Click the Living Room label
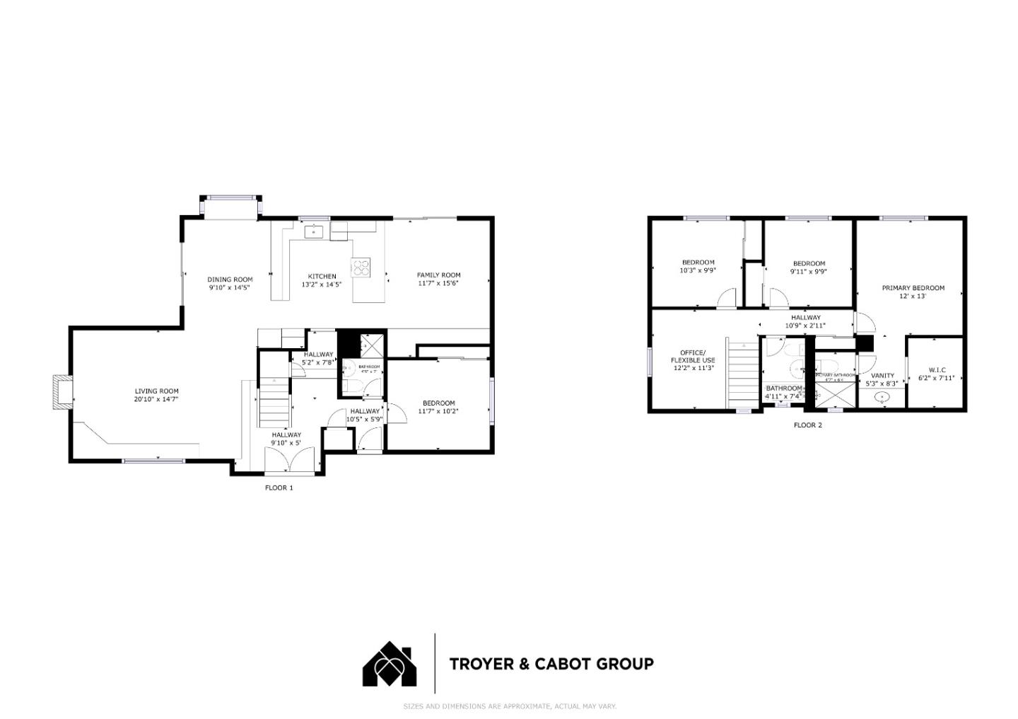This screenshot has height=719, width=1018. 157,391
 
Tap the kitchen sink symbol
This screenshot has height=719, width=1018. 314,231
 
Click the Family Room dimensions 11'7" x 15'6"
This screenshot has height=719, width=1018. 438,284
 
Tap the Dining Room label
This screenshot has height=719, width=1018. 230,280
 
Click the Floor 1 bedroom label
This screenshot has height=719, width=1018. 438,403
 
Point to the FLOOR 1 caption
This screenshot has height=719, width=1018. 279,488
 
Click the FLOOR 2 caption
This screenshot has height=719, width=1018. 808,425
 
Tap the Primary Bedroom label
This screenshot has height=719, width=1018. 913,288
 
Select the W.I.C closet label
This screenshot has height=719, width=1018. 937,370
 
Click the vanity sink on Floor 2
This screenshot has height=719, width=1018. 882,398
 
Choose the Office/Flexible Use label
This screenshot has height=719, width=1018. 693,356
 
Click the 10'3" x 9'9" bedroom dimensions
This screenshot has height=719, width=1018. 698,270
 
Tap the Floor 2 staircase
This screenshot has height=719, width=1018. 743,375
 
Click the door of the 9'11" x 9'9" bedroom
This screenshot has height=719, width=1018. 778,299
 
